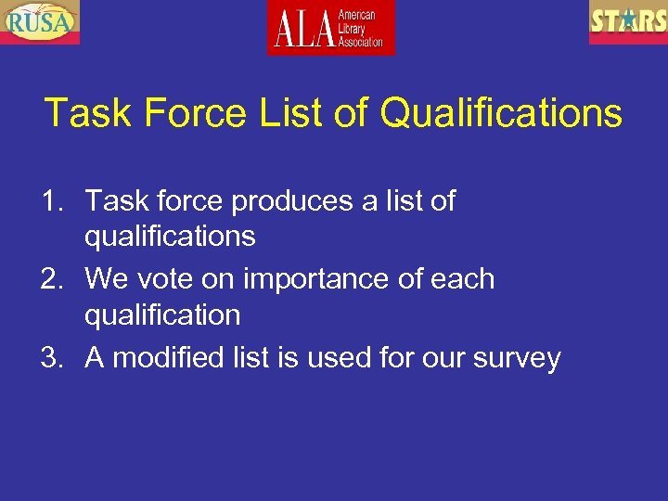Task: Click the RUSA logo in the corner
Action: coord(40,21)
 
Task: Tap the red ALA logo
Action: coord(330,27)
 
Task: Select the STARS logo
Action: coord(628,21)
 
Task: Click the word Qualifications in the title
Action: coord(501,113)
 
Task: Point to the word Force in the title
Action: coord(192,113)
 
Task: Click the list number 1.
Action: coord(51,200)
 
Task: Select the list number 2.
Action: coord(51,279)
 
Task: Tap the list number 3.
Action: coord(51,358)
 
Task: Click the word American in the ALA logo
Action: coord(356,16)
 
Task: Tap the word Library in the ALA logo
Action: coord(353,29)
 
